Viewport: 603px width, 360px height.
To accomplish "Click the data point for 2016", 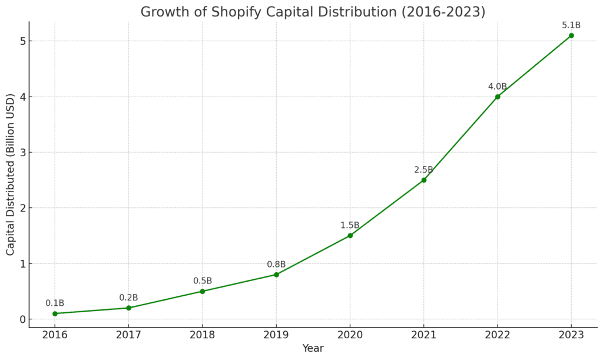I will pos(55,313).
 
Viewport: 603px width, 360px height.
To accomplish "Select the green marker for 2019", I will pos(276,275).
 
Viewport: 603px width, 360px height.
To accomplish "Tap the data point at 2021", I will pos(424,180).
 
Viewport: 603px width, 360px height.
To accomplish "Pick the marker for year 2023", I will pos(571,35).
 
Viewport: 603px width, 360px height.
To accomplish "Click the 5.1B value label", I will pos(571,25).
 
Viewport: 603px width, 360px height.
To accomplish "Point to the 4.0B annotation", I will pos(498,87).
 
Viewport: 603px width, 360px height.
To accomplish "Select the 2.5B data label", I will pos(424,170).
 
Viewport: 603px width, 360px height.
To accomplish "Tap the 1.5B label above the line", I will pos(350,226).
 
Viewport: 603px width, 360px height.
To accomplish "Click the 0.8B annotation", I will pos(276,265).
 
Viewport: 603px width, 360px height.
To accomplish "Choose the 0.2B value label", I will pos(128,298).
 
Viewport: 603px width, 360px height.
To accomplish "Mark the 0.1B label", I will pos(55,303).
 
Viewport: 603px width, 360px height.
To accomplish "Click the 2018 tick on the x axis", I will pos(203,336).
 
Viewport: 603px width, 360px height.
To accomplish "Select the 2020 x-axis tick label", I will pos(350,336).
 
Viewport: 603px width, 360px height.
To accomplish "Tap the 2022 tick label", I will pos(498,336).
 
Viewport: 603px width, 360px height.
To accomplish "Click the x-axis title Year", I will pos(313,349).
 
